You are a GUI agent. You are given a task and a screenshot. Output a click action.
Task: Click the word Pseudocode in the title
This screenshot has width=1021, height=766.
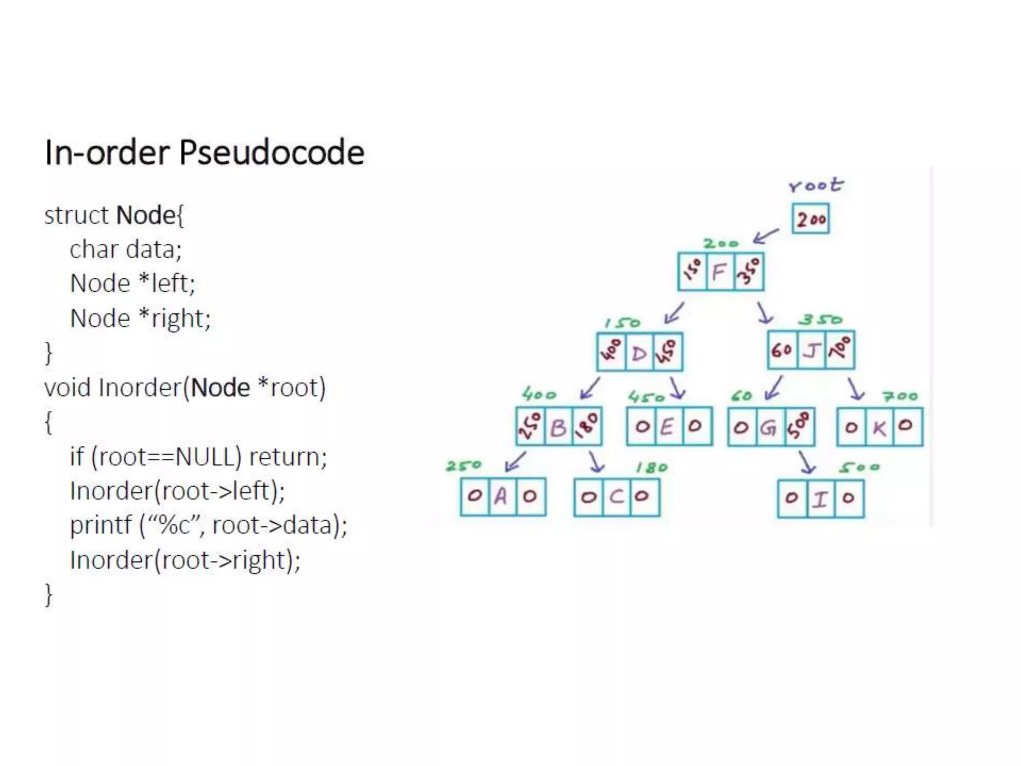[x=272, y=152]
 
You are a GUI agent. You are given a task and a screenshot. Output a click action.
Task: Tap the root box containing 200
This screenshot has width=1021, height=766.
[x=811, y=218]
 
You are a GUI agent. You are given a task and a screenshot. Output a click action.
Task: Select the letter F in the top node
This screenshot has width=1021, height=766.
[x=719, y=272]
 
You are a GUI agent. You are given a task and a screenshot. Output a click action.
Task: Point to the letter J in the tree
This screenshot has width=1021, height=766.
[x=811, y=350]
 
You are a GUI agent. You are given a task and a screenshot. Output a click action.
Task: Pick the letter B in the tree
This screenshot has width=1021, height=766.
[x=558, y=427]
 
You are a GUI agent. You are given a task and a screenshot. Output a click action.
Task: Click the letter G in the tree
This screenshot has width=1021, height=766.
[x=769, y=427]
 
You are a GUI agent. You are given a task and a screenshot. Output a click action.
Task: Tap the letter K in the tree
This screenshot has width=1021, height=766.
[x=879, y=427]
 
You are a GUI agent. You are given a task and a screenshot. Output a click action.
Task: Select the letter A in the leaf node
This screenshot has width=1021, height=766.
[x=501, y=497]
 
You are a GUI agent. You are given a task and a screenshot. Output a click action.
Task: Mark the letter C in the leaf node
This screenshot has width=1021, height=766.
[x=616, y=497]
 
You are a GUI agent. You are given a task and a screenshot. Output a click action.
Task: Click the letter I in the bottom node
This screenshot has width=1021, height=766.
[x=820, y=498]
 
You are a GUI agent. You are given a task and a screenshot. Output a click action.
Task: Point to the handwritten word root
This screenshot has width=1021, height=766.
[x=816, y=185]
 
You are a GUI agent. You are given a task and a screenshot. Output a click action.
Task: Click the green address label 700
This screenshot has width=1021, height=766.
[x=900, y=396]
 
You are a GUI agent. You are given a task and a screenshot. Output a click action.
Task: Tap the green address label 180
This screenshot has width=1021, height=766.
[x=652, y=468]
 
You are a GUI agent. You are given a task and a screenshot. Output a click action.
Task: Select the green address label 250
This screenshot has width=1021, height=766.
[x=464, y=466]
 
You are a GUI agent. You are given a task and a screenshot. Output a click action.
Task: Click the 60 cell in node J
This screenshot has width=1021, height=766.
[x=782, y=350]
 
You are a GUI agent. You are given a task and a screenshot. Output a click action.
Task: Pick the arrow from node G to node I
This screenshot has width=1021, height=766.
[x=807, y=462]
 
